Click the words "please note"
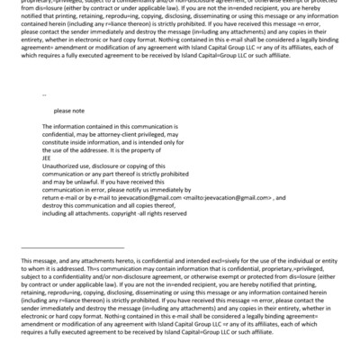tap(67, 111)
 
